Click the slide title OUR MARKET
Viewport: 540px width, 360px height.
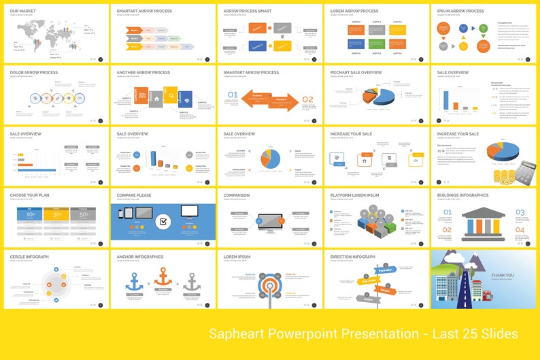point(24,11)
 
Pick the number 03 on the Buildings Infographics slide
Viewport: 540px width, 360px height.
point(520,213)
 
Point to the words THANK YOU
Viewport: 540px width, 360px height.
point(503,275)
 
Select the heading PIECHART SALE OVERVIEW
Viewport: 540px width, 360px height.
point(356,72)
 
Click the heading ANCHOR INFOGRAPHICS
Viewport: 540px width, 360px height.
point(140,257)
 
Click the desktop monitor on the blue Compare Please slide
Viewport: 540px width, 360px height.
point(190,212)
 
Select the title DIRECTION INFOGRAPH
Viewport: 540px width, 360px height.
point(352,257)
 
